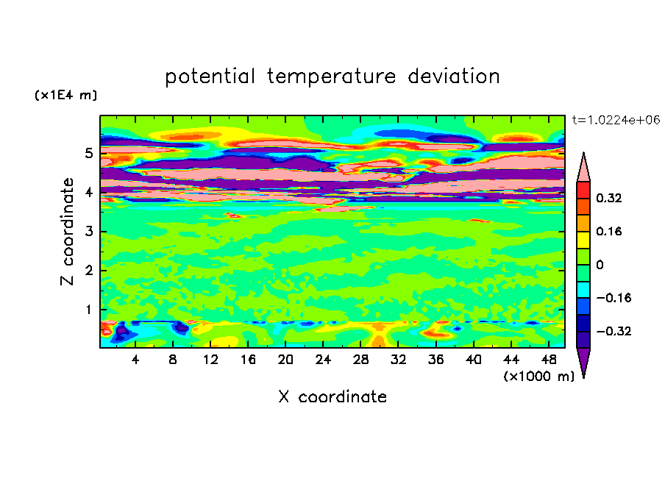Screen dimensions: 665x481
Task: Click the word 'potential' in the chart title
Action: pos(210,77)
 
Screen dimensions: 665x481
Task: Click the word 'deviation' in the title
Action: pos(454,76)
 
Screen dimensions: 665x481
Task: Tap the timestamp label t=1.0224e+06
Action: pos(616,120)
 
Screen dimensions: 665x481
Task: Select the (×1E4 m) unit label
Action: pos(66,95)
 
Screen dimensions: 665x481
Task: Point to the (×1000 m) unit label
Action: pos(539,377)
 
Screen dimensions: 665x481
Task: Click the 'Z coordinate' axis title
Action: pos(67,232)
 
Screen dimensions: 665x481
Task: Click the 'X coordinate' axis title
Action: pos(332,397)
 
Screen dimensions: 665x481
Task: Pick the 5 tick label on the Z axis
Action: pos(88,153)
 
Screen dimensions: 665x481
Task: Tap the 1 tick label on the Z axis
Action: pos(88,310)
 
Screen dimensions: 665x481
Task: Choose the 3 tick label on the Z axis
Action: pos(88,232)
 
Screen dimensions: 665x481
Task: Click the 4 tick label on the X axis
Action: pos(135,360)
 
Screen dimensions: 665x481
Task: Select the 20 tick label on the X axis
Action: pos(285,360)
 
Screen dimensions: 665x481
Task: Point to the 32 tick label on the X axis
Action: pos(398,360)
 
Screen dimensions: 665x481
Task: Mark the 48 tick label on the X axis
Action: pos(549,360)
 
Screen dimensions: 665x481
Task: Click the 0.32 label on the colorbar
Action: pos(608,198)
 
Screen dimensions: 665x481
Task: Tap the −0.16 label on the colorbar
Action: pos(614,298)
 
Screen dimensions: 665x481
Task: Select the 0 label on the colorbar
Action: pos(600,265)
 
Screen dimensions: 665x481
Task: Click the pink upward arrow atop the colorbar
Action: pos(583,168)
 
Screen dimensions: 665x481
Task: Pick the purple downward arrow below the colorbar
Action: pos(583,360)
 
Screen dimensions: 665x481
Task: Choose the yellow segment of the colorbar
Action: pos(583,240)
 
